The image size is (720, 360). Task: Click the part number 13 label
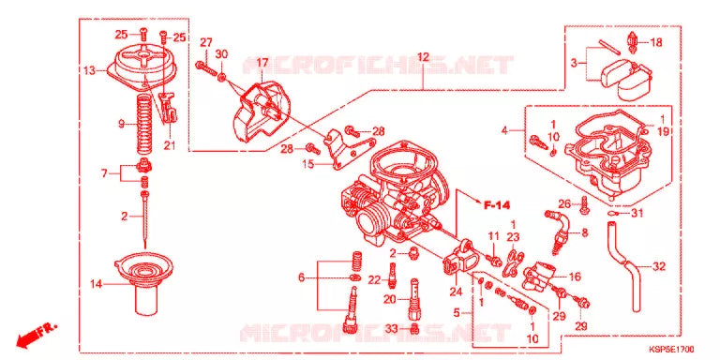click(x=88, y=70)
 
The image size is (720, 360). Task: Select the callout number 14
click(x=96, y=283)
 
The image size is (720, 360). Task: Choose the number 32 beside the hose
click(x=658, y=267)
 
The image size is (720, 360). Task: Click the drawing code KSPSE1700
click(x=682, y=349)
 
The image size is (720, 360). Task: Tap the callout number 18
click(x=655, y=43)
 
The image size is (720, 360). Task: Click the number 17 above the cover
click(x=250, y=63)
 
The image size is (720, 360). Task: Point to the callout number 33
click(x=391, y=328)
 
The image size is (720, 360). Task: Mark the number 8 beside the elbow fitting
click(x=584, y=232)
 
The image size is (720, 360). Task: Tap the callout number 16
click(x=575, y=277)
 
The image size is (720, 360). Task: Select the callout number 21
click(x=170, y=144)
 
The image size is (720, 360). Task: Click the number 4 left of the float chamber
click(x=504, y=130)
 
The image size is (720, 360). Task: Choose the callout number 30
click(x=221, y=55)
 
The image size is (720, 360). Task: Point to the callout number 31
click(x=637, y=213)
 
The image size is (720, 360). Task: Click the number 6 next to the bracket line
click(x=301, y=277)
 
